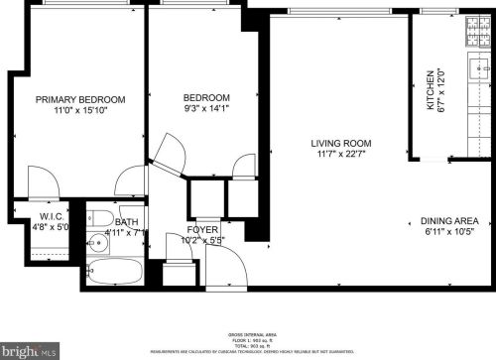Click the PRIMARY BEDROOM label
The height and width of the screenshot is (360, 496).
pyautogui.click(x=80, y=99)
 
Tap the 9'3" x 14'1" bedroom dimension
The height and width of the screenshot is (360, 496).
pyautogui.click(x=206, y=110)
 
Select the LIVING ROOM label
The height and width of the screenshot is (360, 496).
pyautogui.click(x=340, y=143)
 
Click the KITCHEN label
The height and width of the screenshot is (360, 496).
pyautogui.click(x=431, y=89)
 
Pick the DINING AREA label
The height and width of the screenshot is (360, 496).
pyautogui.click(x=449, y=220)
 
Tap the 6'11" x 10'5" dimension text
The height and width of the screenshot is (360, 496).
pyautogui.click(x=449, y=232)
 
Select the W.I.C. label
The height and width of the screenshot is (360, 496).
pyautogui.click(x=53, y=216)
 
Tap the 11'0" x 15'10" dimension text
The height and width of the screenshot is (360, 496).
pyautogui.click(x=80, y=111)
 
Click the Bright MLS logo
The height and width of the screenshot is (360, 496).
pyautogui.click(x=33, y=350)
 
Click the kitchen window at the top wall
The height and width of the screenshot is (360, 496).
pyautogui.click(x=436, y=10)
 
